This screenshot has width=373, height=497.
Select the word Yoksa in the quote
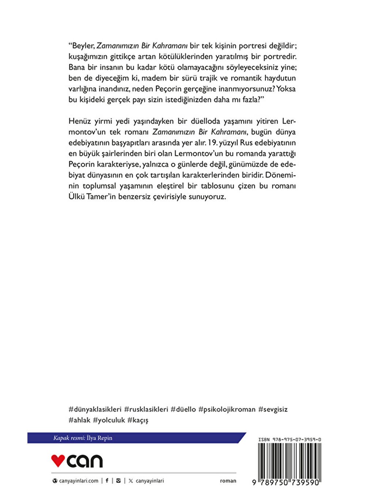(x=286, y=89)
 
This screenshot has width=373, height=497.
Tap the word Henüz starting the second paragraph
(x=80, y=121)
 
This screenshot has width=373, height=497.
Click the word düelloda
(x=206, y=121)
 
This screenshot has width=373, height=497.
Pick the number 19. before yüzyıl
(x=212, y=143)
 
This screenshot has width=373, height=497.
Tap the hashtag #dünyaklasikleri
(x=95, y=409)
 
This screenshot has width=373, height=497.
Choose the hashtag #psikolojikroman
(x=227, y=409)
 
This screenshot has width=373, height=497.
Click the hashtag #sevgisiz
(x=273, y=409)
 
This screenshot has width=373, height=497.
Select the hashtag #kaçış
(x=138, y=420)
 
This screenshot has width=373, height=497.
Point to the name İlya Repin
(x=99, y=438)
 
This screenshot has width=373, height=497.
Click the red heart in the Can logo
(x=58, y=460)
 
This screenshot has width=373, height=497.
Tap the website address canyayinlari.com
(x=79, y=481)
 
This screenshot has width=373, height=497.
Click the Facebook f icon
(x=107, y=481)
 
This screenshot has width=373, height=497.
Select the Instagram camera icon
(x=118, y=481)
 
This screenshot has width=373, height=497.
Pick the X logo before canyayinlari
(x=131, y=481)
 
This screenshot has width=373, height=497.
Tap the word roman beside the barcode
(x=228, y=481)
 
